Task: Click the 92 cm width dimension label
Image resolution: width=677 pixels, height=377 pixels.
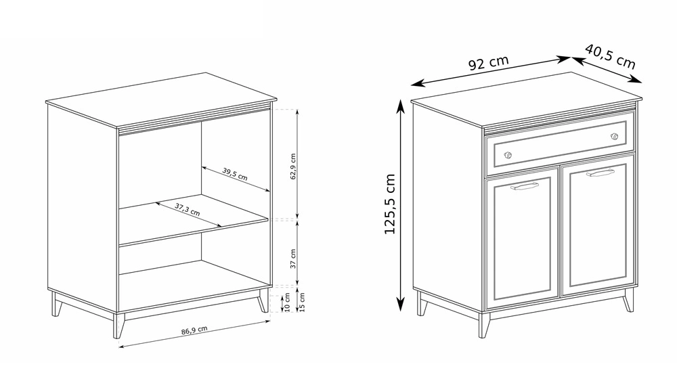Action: pos(488,63)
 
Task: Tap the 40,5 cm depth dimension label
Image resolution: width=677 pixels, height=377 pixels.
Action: pos(610,56)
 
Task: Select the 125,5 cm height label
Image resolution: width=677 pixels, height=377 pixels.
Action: pos(390,204)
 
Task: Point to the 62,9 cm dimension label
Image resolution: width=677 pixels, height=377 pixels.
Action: pos(293,167)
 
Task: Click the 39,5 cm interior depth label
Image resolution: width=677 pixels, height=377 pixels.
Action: pos(235,173)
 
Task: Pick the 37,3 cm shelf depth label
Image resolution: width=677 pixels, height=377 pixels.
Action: pos(188,209)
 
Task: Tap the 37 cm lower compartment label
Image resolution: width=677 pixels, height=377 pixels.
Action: pos(293,259)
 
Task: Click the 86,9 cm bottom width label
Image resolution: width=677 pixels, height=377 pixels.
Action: pos(194,330)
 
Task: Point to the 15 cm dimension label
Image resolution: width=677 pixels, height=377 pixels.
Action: pos(302,302)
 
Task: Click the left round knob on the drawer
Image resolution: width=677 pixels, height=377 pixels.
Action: pos(508,155)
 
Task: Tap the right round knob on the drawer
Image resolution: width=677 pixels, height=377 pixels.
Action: pos(615,137)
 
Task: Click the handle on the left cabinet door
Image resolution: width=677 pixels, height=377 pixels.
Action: pos(525,187)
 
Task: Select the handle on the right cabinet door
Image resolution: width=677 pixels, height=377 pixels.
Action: pos(600,173)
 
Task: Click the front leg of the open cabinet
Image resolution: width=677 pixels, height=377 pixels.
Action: pos(118,325)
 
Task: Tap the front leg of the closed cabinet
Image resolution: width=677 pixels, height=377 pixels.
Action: pos(485,325)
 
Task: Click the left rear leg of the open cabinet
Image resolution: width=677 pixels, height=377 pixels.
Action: pos(56,304)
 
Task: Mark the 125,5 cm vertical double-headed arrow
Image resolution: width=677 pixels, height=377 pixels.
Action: pos(401,204)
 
